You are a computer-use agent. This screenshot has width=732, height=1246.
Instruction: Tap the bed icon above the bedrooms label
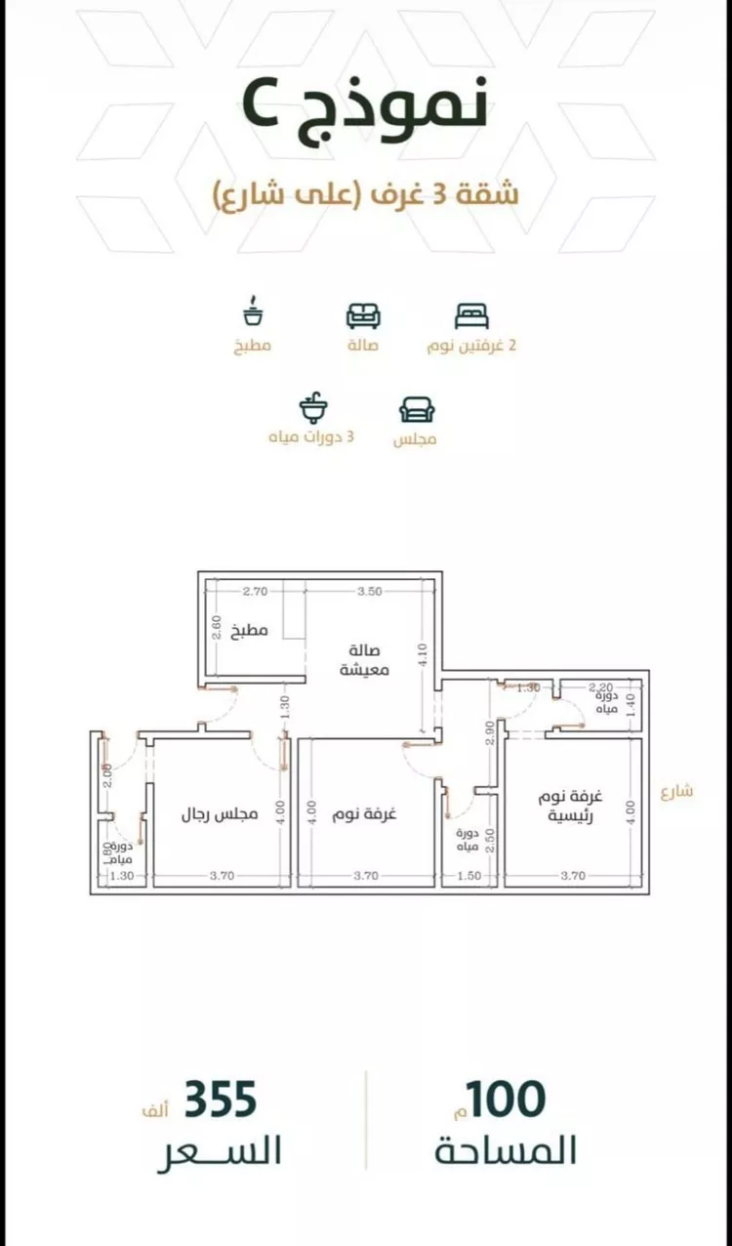(x=471, y=315)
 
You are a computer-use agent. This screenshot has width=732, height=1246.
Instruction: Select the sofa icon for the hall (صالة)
(x=363, y=315)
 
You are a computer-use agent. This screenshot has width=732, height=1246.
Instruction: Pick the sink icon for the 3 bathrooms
(x=313, y=405)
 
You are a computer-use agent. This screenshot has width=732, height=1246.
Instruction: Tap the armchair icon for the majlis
(x=417, y=408)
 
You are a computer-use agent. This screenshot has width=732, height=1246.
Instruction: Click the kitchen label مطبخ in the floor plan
(x=250, y=631)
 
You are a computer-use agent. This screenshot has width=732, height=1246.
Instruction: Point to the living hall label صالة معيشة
(x=365, y=660)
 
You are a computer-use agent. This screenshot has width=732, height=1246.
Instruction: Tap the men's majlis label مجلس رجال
(x=220, y=813)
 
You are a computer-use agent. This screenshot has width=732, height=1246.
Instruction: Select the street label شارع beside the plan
(x=675, y=791)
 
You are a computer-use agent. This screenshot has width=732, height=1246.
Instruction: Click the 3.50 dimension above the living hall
(x=369, y=591)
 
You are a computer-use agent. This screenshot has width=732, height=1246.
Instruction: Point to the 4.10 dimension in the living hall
(x=422, y=651)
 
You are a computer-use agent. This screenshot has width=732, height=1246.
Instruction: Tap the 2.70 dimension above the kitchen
(x=255, y=591)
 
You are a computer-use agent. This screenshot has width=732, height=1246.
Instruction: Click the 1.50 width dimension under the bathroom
(x=468, y=876)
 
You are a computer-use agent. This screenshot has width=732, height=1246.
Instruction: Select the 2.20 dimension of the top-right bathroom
(x=599, y=687)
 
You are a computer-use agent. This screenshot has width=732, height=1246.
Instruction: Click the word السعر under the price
(x=220, y=1151)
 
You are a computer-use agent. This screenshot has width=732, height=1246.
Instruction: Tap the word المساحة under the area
(x=506, y=1151)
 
